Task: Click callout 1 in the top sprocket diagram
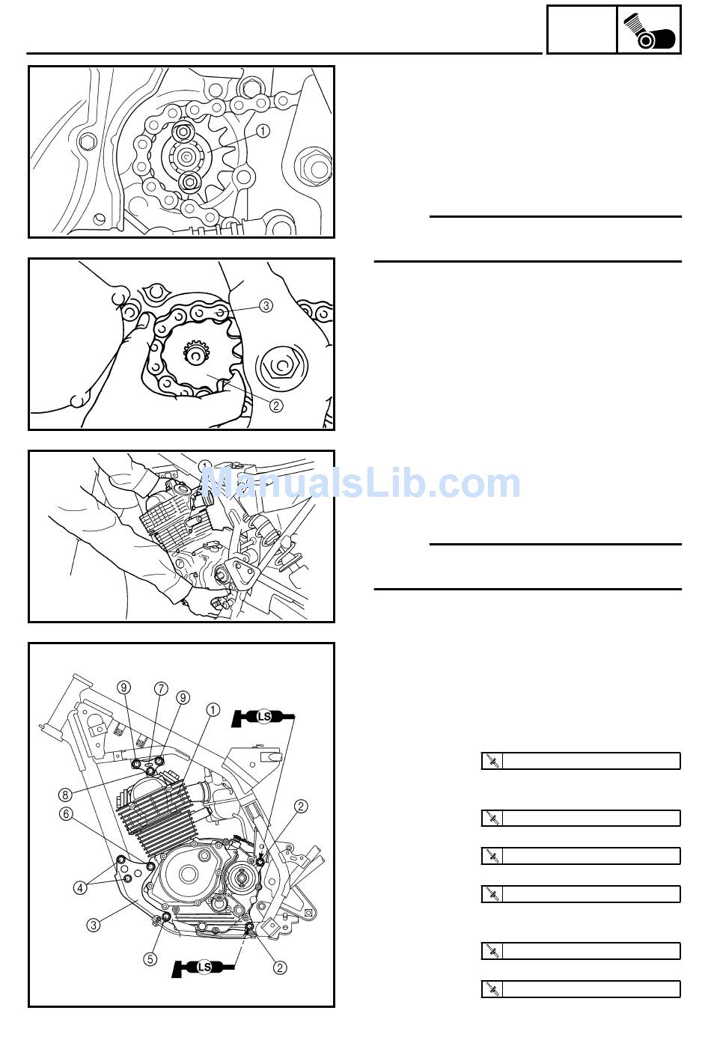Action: click(x=263, y=131)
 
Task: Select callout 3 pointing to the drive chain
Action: click(x=266, y=306)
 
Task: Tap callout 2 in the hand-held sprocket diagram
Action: click(x=276, y=406)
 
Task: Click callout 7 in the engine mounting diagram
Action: click(x=161, y=689)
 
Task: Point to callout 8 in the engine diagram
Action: click(x=65, y=795)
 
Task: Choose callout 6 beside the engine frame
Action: click(x=66, y=814)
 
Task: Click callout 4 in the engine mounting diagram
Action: click(x=80, y=887)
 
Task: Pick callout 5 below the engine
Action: click(x=150, y=959)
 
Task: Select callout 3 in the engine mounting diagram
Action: click(x=94, y=925)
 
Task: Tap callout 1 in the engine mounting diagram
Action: click(x=213, y=710)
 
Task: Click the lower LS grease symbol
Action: click(x=204, y=967)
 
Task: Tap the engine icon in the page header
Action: click(x=650, y=31)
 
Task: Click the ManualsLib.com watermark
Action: click(x=361, y=483)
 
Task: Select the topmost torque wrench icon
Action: click(x=492, y=761)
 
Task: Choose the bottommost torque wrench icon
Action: click(x=492, y=989)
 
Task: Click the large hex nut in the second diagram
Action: click(x=280, y=367)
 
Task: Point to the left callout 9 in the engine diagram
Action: click(x=123, y=688)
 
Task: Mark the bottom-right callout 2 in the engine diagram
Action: click(x=280, y=967)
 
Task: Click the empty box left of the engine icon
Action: click(x=582, y=30)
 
